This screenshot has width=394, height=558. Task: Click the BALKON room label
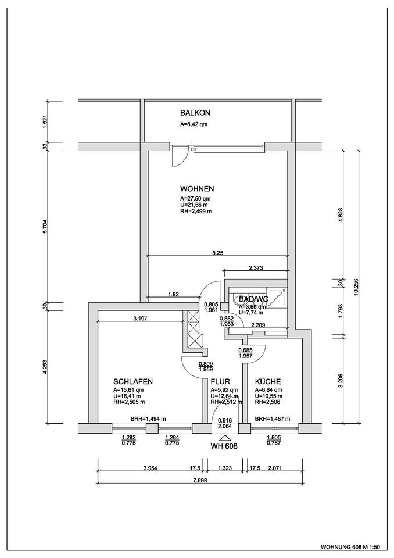click(195, 113)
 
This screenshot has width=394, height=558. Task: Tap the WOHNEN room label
click(197, 189)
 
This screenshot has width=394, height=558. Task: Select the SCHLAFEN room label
click(133, 381)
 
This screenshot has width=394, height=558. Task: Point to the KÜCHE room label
click(268, 381)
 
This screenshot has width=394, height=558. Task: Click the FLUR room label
click(220, 381)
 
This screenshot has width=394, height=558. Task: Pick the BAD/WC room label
click(253, 299)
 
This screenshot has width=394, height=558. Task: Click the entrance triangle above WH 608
click(226, 437)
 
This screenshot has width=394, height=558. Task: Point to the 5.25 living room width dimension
click(219, 253)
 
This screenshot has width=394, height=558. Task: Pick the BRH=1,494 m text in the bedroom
click(148, 419)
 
